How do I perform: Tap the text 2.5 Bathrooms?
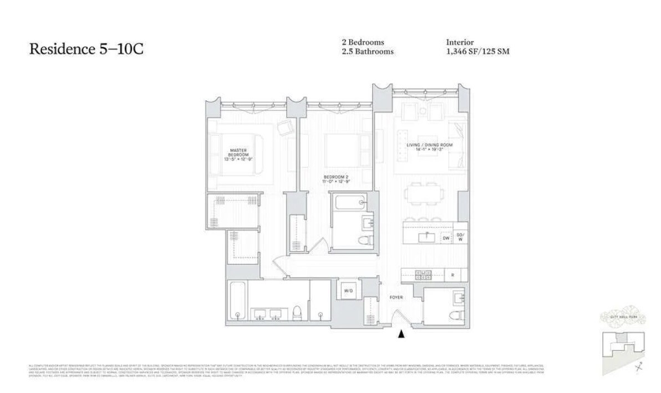(x=367, y=52)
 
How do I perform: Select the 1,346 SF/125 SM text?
(x=477, y=52)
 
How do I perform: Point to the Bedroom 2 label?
(x=335, y=179)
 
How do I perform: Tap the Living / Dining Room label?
(x=426, y=147)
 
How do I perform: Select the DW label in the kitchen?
(x=445, y=238)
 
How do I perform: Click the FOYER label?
(x=396, y=298)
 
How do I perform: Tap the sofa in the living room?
(x=457, y=145)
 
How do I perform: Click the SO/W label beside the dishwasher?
(x=460, y=238)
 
